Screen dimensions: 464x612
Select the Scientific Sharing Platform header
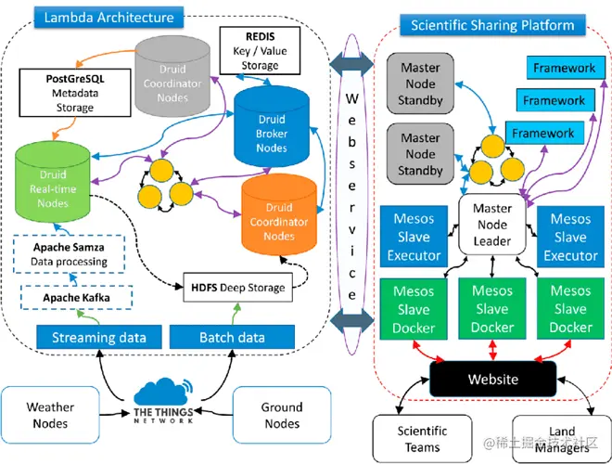point(492,25)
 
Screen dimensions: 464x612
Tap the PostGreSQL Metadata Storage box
point(74,93)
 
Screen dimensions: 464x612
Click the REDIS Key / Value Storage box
point(259,50)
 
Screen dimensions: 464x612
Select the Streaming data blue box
point(97,336)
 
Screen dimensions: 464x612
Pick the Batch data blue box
point(230,336)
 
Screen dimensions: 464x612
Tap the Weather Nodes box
point(50,416)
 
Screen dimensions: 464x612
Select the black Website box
point(492,379)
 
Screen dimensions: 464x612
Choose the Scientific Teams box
point(422,437)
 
